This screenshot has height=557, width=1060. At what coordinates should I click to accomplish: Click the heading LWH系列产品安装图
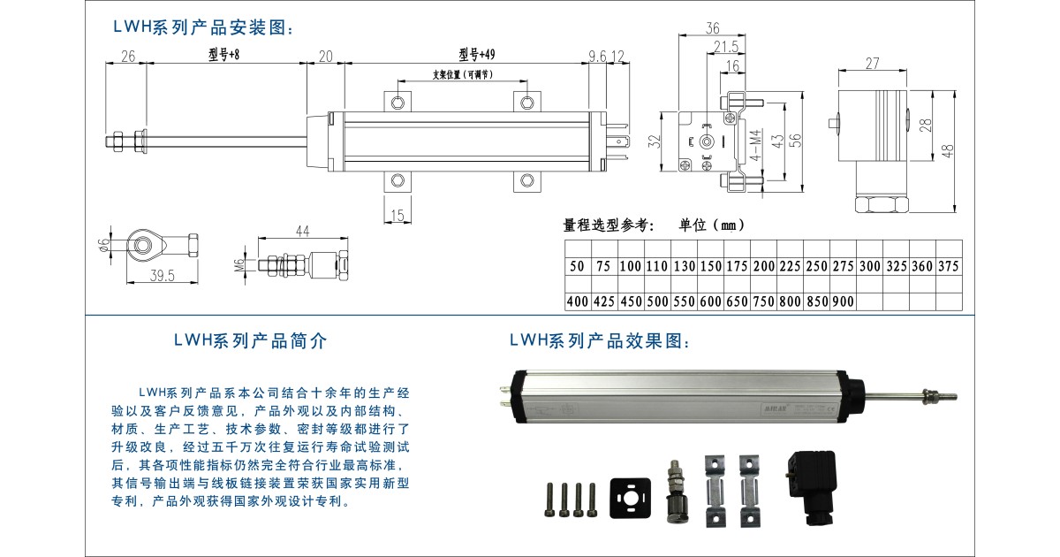[203, 28]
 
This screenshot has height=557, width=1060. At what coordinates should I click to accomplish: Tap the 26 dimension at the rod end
[127, 57]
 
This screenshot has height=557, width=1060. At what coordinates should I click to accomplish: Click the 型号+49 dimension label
[477, 55]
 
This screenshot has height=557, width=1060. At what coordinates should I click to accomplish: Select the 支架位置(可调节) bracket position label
[462, 75]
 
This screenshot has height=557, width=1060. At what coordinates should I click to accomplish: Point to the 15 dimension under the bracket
[397, 214]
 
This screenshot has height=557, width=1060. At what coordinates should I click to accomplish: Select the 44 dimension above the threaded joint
[303, 232]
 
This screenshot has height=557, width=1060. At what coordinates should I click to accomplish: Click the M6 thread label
[238, 265]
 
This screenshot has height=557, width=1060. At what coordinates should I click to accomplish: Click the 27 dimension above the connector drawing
[872, 64]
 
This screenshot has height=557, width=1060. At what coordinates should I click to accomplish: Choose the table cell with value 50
[578, 266]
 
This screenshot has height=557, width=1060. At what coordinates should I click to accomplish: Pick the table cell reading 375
[949, 266]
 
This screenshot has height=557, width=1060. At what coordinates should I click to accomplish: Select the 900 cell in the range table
[843, 301]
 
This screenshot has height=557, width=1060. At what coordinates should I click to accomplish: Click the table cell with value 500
[657, 301]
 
